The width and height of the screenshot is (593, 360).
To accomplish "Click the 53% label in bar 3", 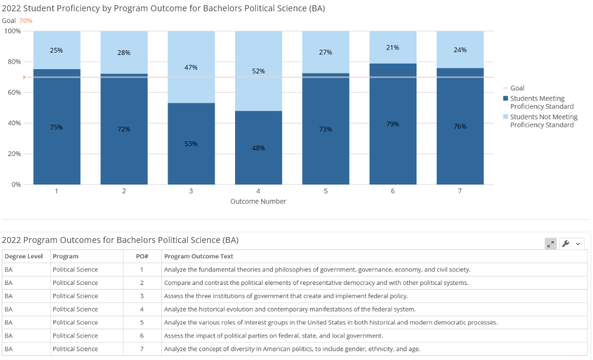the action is [191, 144].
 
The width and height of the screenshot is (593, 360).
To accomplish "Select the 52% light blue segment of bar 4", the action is [259, 71].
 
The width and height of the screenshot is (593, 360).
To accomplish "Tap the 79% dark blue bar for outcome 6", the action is [393, 124].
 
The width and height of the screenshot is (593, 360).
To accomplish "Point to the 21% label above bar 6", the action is [393, 48].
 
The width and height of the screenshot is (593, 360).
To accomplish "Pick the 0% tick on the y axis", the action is [16, 185].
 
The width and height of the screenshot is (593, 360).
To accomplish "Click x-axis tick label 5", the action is [325, 191].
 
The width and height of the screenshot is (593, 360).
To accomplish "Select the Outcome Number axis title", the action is [258, 202].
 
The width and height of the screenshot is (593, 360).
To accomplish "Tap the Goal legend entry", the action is [514, 88].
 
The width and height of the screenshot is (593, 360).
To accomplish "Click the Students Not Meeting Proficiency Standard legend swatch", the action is [506, 116].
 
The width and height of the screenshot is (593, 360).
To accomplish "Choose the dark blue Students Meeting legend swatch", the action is [506, 98].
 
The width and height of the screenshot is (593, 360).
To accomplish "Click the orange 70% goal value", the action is [26, 21].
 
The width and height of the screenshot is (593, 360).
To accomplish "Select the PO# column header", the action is [142, 257].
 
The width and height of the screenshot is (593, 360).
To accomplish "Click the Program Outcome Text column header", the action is [198, 257].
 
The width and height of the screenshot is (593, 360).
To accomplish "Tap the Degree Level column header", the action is [24, 257].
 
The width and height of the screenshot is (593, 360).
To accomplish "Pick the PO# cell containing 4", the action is [142, 309].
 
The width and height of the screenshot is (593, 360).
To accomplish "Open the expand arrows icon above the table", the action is [550, 244].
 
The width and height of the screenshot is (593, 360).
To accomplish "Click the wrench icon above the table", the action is [566, 244].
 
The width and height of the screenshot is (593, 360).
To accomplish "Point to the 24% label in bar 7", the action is [460, 50].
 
